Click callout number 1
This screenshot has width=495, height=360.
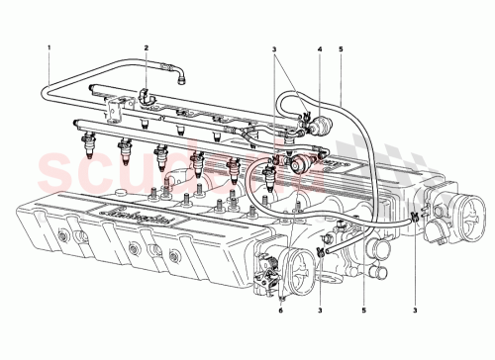(x=48, y=46)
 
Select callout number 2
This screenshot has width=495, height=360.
(x=146, y=46)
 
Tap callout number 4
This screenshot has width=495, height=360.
(x=320, y=46)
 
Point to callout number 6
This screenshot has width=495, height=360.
(x=280, y=312)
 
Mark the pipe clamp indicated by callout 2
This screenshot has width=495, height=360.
(x=147, y=96)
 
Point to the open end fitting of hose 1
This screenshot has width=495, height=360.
(x=181, y=72)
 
